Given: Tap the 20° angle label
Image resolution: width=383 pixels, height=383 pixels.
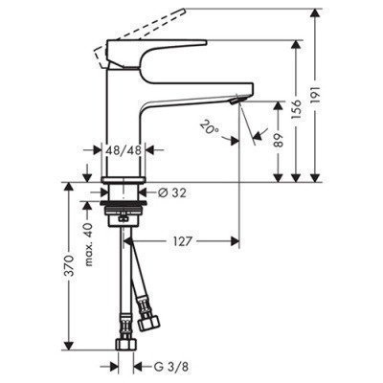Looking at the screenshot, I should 210,125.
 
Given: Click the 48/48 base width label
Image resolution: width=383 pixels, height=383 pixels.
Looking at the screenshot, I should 122,149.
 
